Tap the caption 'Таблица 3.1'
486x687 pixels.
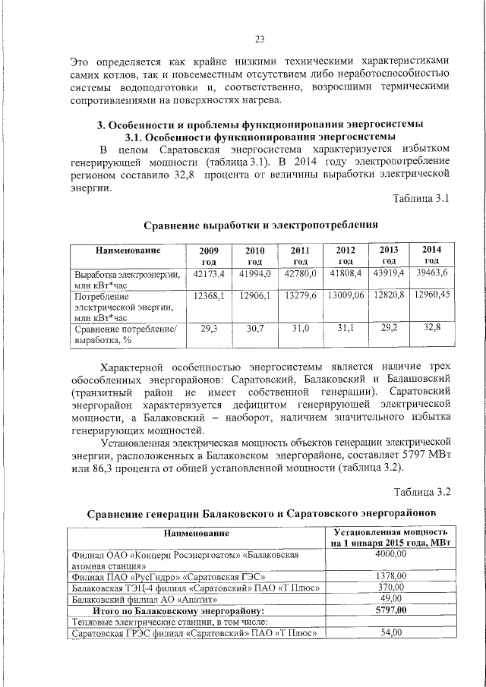coord(421,199)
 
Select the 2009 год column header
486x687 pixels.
coord(209,256)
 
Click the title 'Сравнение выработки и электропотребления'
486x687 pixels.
coord(260,225)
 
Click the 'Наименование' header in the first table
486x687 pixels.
coord(128,251)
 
